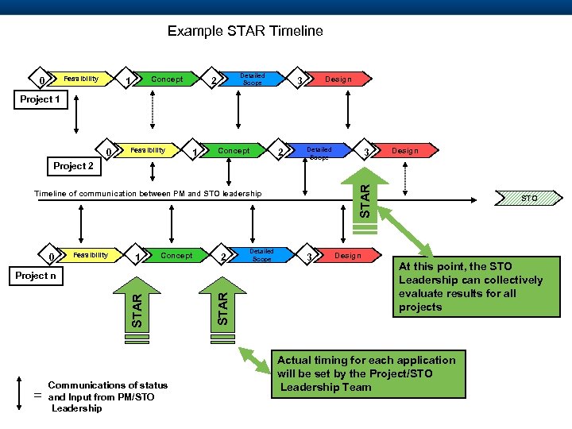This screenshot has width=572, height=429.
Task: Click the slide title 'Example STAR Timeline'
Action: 245,32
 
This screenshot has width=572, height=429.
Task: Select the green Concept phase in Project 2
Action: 234,150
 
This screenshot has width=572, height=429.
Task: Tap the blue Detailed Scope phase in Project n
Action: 262,255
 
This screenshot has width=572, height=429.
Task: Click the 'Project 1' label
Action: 40,99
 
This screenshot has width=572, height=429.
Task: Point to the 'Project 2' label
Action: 73,166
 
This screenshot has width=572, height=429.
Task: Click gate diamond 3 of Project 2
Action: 366,151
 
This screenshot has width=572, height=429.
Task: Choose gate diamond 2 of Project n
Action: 225,257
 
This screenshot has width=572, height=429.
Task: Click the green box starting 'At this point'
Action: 470,287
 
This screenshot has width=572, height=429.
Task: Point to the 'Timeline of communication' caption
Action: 147,193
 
